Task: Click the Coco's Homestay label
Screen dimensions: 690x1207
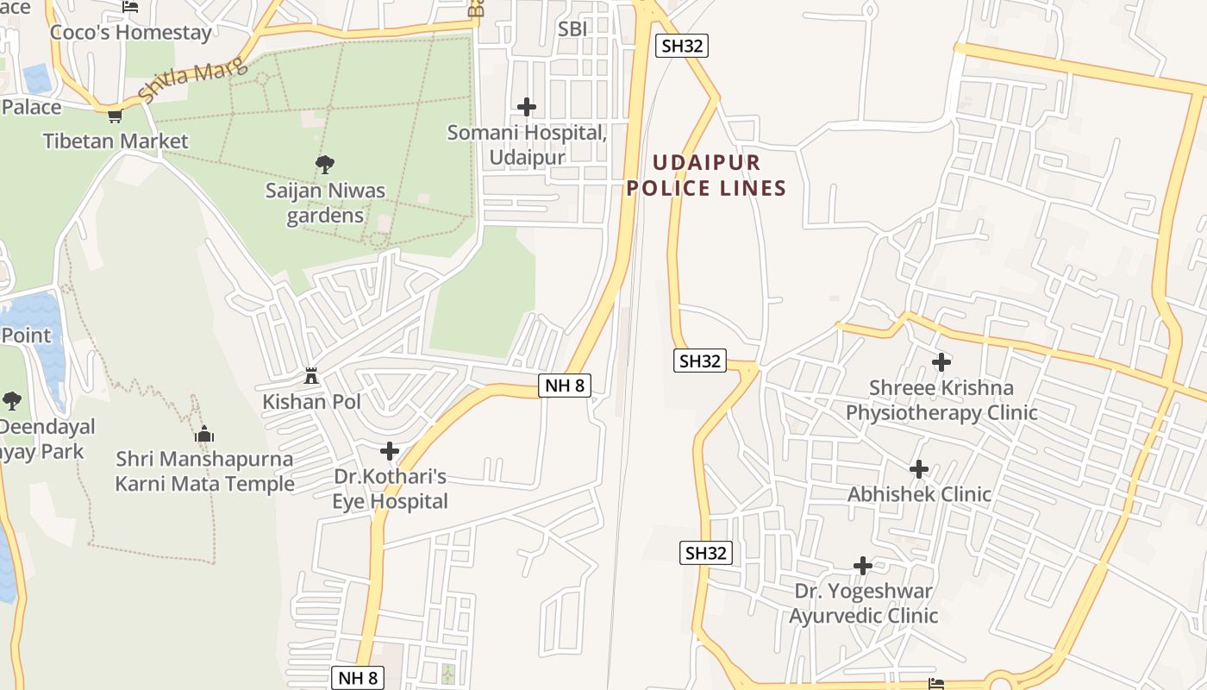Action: pos(131,33)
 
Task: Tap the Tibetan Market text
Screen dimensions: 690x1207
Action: pos(116,141)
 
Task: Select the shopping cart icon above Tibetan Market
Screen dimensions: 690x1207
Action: pos(115,116)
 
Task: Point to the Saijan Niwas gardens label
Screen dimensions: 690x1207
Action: pos(325,203)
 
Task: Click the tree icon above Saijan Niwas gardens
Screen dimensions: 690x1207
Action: pos(325,164)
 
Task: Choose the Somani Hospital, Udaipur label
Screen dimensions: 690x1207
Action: pos(527,145)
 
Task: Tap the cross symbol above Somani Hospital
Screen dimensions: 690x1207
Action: pos(527,107)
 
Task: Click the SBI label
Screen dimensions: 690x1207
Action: pos(572,28)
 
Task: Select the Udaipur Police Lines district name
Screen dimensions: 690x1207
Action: pos(706,175)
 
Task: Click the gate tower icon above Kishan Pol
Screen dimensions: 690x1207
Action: pos(311,376)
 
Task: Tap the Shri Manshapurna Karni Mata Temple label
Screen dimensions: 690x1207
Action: pos(205,471)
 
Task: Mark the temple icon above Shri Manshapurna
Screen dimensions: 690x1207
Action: pos(204,434)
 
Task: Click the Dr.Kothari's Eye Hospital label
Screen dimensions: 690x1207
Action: pos(391,489)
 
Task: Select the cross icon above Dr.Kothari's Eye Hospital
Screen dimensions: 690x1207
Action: pos(390,451)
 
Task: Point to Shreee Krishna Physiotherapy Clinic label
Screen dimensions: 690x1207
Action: pos(941,400)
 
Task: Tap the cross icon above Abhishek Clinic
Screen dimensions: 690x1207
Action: pos(919,469)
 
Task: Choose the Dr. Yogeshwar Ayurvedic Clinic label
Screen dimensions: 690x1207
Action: pos(864,604)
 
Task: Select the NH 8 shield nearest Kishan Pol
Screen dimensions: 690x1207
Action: pos(565,386)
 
